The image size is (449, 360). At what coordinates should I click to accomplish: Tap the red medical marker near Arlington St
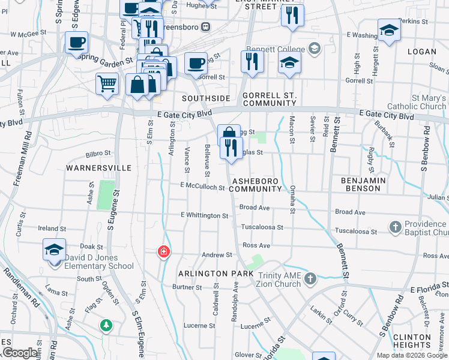[163, 251]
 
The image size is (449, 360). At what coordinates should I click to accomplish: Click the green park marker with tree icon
[106, 325]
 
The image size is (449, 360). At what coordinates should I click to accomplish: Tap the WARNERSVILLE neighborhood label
[98, 168]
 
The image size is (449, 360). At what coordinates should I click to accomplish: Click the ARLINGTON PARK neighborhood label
[215, 274]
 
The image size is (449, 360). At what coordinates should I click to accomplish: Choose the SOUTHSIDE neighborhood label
[206, 98]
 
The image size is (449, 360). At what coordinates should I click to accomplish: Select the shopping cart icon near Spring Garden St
[107, 83]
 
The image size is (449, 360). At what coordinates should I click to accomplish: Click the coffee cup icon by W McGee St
[76, 43]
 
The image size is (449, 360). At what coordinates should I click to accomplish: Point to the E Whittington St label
[205, 215]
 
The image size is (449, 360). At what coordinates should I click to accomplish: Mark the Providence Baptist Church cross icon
[395, 227]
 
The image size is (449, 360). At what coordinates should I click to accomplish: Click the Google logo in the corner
[20, 353]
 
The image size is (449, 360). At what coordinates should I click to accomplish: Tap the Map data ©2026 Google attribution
[411, 355]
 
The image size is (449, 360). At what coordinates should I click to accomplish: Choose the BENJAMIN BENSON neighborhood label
[361, 184]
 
